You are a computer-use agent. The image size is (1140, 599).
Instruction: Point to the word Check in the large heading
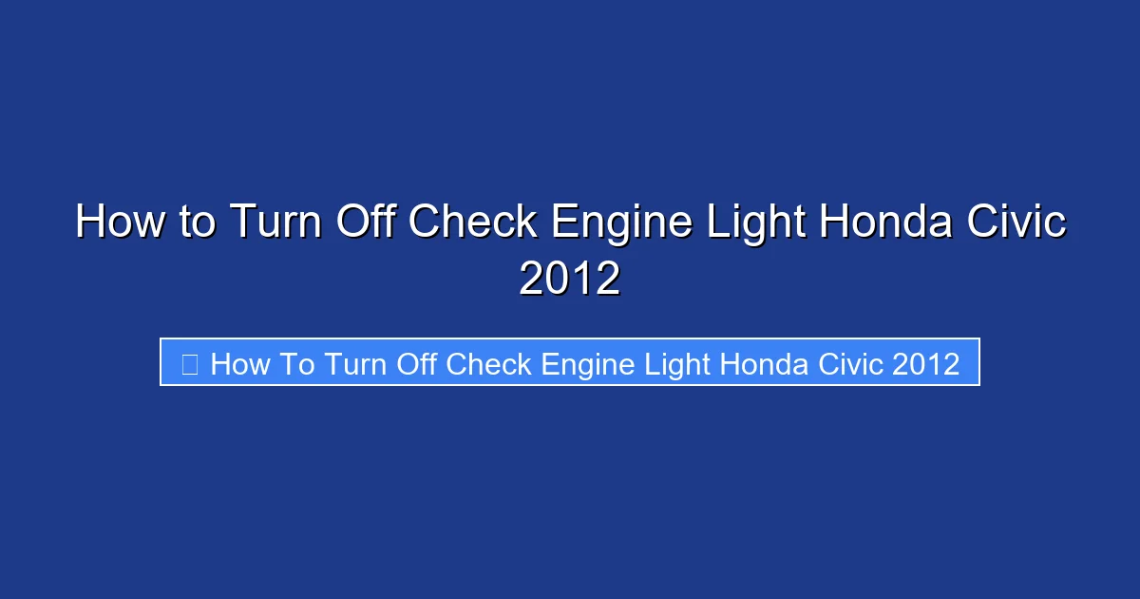click(x=473, y=222)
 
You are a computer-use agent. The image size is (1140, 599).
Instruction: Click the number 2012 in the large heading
click(x=570, y=279)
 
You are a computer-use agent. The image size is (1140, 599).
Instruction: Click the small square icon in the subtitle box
click(x=189, y=363)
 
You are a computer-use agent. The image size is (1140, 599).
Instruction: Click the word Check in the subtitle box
click(x=488, y=363)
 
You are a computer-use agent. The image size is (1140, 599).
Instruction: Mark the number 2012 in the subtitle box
click(x=926, y=363)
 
